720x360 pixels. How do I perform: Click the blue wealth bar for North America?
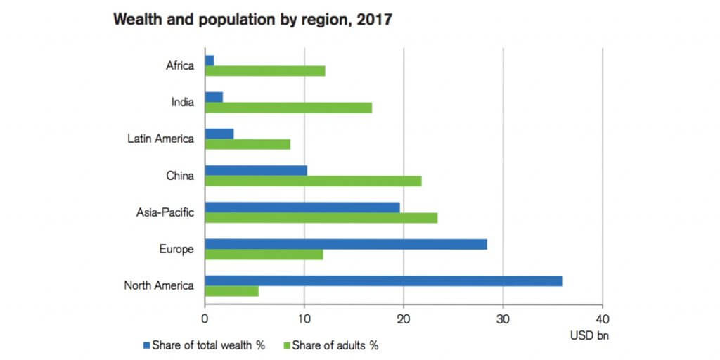pos(383,281)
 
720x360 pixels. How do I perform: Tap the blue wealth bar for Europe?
pos(345,244)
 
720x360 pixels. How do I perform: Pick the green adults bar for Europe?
pos(264,255)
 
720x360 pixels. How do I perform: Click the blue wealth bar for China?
pos(255,170)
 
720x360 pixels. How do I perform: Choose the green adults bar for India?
pos(288,108)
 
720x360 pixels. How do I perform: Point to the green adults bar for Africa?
pos(264,70)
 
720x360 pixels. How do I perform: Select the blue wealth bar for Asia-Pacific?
pos(302,207)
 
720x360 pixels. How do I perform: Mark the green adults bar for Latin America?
pos(247,144)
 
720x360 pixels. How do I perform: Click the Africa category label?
pos(179,66)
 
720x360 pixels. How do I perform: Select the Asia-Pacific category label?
pos(165,212)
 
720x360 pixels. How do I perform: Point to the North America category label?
pos(159,285)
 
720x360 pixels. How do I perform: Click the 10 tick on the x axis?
pos(304,317)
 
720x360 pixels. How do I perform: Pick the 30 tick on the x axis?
pos(502,317)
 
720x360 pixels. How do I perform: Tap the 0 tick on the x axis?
pos(205,317)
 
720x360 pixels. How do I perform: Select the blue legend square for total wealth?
pos(147,345)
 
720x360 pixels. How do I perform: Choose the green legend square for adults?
pos(286,345)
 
